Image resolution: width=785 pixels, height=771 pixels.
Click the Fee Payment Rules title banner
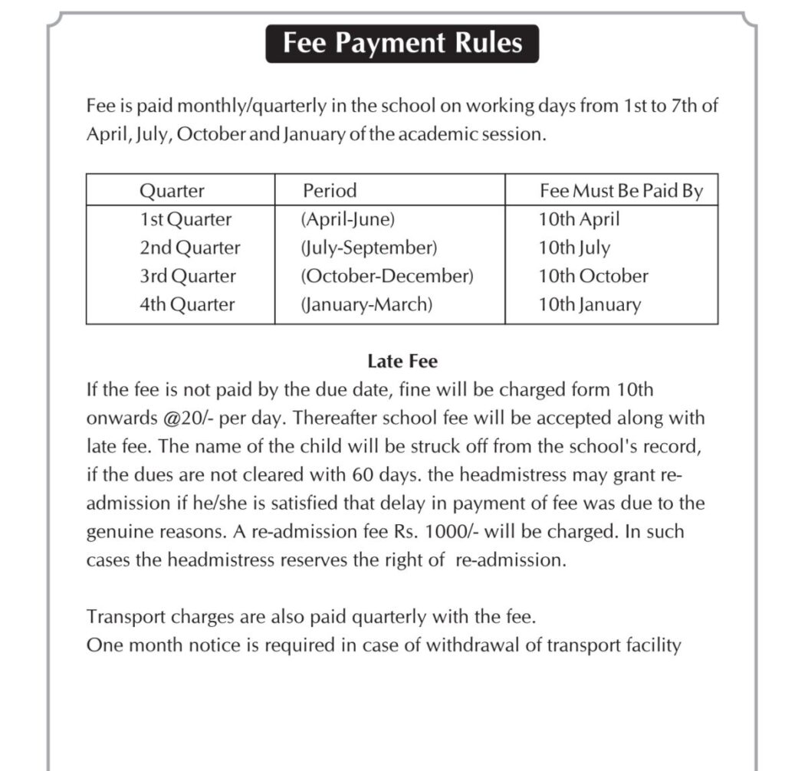point(402,43)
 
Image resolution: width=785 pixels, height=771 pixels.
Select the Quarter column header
point(172,190)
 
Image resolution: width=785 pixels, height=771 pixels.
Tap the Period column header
point(330,190)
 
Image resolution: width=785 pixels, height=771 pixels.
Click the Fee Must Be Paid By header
point(621,190)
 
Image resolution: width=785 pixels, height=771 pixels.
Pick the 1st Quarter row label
point(185,219)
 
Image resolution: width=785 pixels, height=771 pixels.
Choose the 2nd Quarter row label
point(189,248)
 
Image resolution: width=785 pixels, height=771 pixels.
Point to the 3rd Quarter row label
point(187,276)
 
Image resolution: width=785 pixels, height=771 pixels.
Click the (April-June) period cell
point(348,219)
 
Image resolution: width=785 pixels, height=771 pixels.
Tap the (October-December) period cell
point(387,276)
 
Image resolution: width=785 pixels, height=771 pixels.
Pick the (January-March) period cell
point(366,304)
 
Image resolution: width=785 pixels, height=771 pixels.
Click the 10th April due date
point(579,219)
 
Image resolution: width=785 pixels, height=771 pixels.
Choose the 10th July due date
point(574,248)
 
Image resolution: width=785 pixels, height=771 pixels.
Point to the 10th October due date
point(593,276)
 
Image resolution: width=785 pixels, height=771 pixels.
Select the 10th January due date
point(589,304)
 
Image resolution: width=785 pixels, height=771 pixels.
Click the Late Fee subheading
point(402,361)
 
